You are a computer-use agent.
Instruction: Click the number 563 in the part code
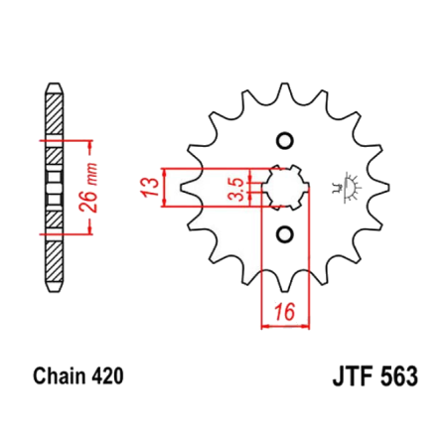(386, 377)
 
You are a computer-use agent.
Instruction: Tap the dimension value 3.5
(235, 188)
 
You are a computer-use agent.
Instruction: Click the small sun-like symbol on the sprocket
(349, 185)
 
